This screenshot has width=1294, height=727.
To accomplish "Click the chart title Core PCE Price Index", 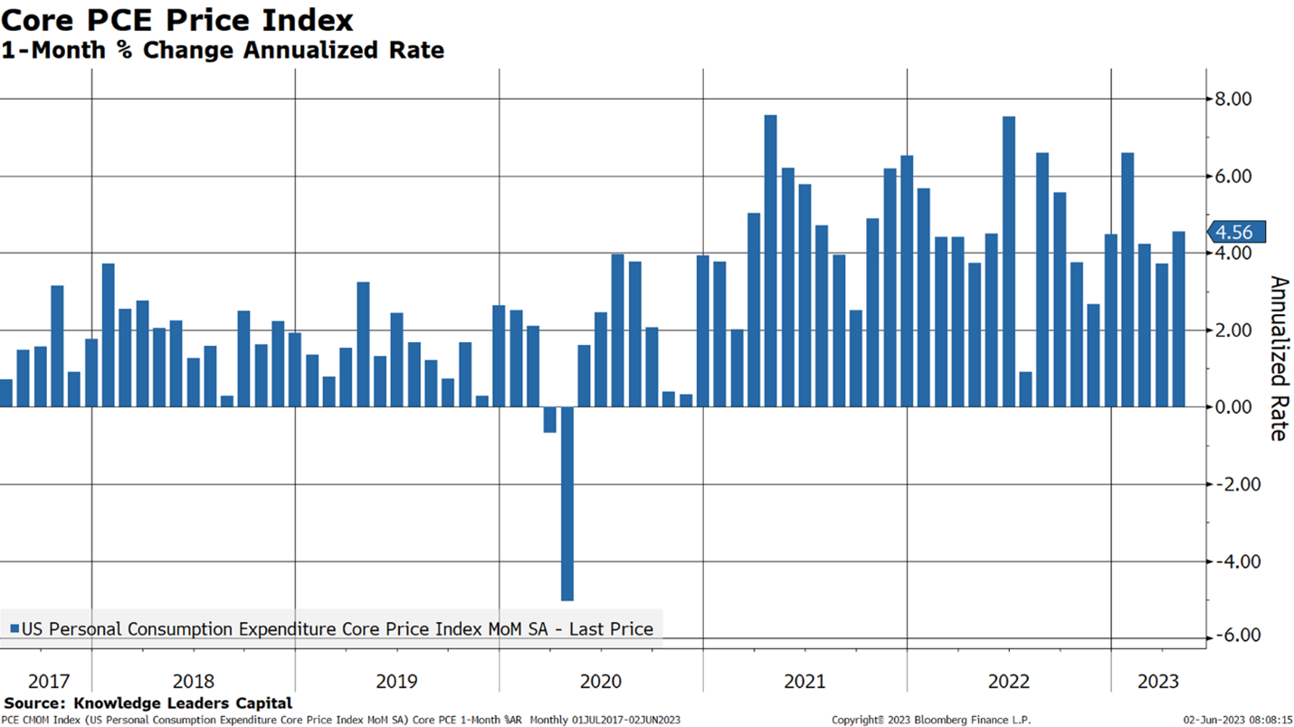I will (177, 20).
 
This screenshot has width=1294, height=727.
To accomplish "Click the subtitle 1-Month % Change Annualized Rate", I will (223, 50).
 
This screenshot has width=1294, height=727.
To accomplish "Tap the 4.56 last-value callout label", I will (1235, 233).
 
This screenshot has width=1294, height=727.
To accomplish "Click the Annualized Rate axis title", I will (1278, 358).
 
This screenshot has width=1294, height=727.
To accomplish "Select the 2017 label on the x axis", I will (48, 681).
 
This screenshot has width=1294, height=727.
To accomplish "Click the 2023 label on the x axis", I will (1158, 681).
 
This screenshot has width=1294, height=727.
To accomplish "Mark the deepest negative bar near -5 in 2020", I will (567, 503).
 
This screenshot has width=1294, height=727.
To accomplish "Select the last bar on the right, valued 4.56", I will (1178, 319).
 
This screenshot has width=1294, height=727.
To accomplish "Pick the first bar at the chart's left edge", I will (5, 393).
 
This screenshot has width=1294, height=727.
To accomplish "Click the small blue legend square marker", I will (14, 628).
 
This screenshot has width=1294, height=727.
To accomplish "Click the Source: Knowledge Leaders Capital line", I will (147, 703).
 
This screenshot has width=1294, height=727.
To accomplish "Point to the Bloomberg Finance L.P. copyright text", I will (931, 720).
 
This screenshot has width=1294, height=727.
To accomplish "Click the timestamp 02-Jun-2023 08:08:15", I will (1238, 720).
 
